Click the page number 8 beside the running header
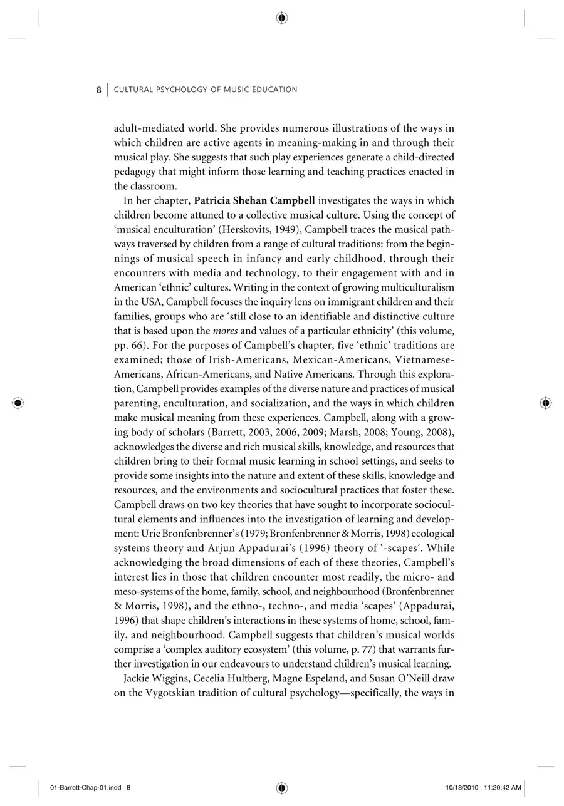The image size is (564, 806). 98,90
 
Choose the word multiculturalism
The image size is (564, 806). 413,287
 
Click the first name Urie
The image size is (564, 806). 152,534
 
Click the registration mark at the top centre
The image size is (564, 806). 281,18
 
